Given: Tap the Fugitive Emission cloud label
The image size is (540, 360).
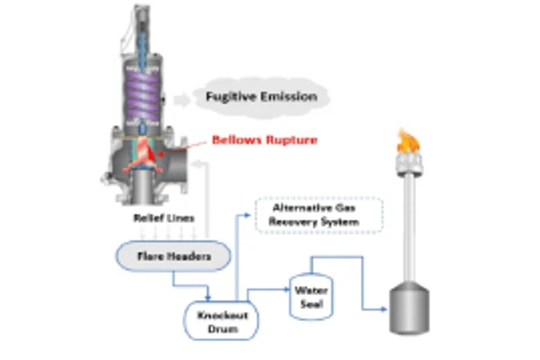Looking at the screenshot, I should [x=260, y=96].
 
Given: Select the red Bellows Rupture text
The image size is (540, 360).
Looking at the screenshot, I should [x=264, y=139].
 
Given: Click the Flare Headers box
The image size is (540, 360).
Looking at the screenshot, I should [x=174, y=256].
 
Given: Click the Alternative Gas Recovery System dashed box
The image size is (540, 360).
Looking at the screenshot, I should [x=319, y=215].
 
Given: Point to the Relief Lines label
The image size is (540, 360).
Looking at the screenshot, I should [x=164, y=218].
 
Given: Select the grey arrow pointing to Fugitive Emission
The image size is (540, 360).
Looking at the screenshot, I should [x=181, y=100].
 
